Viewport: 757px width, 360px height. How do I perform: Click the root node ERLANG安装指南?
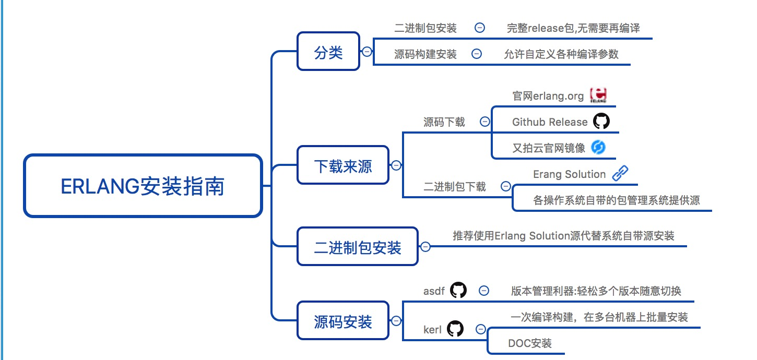point(143,186)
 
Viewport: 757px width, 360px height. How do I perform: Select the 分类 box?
point(328,52)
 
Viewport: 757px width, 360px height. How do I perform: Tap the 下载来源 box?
point(343,165)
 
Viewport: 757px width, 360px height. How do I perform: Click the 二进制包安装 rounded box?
point(358,246)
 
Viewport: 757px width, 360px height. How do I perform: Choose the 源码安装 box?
point(343,321)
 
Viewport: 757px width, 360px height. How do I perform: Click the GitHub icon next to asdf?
point(458,290)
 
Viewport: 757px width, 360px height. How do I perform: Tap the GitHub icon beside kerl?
point(455,329)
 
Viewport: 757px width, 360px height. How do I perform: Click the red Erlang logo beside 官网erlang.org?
point(598,95)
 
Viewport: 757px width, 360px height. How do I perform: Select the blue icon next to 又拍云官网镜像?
point(598,148)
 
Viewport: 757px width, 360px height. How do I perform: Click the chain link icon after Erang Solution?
point(620,173)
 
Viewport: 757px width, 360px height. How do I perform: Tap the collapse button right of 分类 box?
point(368,52)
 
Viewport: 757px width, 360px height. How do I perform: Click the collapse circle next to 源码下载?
point(485,122)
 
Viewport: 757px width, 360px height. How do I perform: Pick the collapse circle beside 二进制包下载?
point(505,186)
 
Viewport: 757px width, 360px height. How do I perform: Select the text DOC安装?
point(529,343)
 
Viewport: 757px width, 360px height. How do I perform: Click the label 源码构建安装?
point(425,54)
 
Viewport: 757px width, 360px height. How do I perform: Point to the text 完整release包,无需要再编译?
point(573,28)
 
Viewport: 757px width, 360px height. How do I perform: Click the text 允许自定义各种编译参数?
point(561,54)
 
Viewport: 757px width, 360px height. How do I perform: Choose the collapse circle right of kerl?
point(480,329)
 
